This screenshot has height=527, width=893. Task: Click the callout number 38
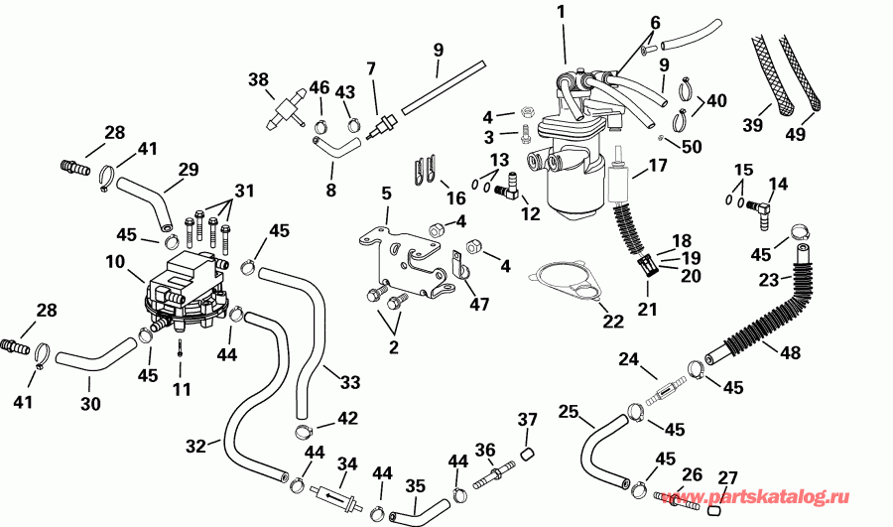tap(259, 79)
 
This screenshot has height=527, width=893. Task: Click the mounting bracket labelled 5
tap(401, 260)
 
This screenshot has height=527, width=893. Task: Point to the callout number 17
tap(657, 167)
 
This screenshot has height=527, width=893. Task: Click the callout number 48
tap(790, 352)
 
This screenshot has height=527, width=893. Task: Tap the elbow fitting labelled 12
tap(506, 187)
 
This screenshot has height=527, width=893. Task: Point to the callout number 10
tap(115, 262)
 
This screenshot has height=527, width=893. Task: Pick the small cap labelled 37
tap(528, 454)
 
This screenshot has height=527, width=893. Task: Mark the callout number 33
tap(349, 382)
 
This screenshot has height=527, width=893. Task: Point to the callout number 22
tap(613, 321)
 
